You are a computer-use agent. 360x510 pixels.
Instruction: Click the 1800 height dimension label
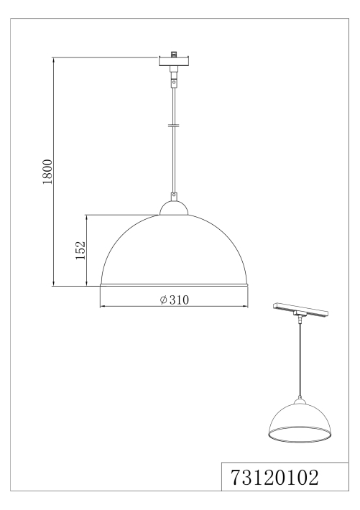pos(47,172)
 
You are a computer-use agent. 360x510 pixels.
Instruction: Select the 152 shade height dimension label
pos(80,250)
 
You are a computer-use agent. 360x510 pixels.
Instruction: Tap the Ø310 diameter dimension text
pos(174,300)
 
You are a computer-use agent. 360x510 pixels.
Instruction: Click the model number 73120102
pos(274,478)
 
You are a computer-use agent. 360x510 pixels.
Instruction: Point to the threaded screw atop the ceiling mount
pos(175,53)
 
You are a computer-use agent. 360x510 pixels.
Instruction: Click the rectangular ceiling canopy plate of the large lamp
pos(174,62)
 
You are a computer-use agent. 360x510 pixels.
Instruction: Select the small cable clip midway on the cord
pos(174,125)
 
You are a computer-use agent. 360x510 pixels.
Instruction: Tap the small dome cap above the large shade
pos(174,208)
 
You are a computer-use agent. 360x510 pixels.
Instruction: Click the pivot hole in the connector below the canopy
pos(174,83)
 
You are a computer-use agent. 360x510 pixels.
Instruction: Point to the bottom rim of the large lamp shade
pos(174,285)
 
